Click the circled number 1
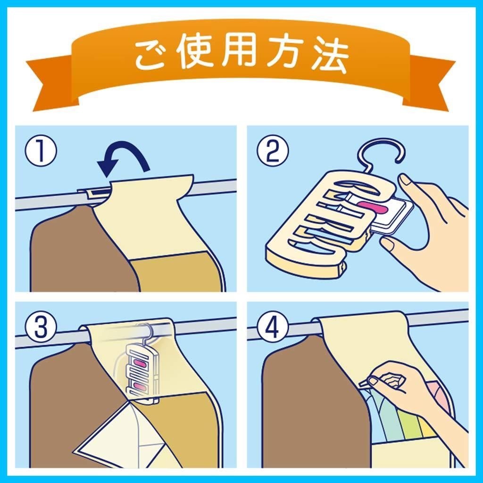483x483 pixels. (41, 151)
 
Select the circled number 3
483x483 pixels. (41, 328)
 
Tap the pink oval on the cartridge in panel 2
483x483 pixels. (374, 208)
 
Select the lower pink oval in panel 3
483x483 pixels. (140, 386)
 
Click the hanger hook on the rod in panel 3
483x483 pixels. (145, 331)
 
